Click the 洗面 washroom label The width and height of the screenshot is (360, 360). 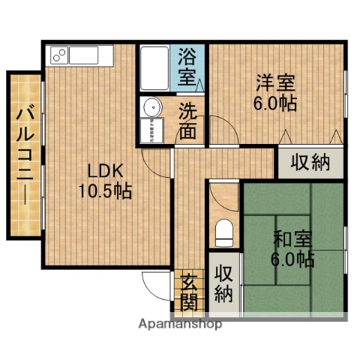pos(188,120)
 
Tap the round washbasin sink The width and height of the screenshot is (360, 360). pos(151,106)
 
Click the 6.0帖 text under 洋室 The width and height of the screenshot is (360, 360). pos(274,103)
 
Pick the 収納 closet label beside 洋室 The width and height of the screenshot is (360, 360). pos(310,163)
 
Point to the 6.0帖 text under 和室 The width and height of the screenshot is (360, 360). pos(292,260)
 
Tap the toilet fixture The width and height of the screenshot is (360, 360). pos(223,232)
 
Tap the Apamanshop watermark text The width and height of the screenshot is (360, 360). pos(180,325)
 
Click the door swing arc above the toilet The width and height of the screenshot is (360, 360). pos(222,196)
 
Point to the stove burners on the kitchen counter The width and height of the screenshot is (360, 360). pos(58,55)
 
